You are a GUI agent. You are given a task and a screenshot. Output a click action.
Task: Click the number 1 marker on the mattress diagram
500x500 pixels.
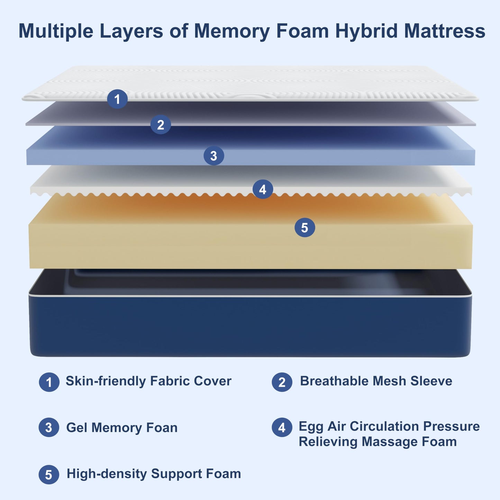point(117,99)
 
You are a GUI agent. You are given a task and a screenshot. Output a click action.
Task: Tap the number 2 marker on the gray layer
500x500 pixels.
point(161,125)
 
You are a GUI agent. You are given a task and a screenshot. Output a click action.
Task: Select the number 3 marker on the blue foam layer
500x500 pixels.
point(214,156)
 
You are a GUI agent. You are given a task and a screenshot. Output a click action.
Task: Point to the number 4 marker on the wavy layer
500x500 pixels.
point(263,189)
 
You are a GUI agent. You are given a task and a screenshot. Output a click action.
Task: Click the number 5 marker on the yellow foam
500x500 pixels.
point(304,227)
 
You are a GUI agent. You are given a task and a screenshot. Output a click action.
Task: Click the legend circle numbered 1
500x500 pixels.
point(49,382)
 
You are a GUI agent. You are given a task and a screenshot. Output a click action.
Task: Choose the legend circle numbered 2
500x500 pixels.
point(282,382)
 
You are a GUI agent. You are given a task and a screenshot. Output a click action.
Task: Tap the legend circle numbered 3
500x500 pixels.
point(49,428)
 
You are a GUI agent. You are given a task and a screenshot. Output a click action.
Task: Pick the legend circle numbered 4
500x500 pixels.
point(282,428)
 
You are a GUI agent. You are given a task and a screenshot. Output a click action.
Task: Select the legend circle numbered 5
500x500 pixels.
point(49,474)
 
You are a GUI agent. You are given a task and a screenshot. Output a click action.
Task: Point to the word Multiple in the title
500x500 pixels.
point(56,31)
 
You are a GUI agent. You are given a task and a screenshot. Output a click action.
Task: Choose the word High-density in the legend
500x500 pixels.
point(107,474)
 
